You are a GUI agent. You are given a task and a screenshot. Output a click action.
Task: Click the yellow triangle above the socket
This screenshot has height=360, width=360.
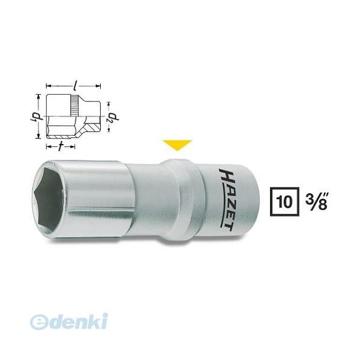pos(177,145)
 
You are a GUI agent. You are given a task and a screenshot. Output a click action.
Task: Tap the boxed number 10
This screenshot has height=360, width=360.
pos(284,202)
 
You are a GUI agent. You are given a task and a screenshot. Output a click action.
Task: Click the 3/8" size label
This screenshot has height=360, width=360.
pos(316,202)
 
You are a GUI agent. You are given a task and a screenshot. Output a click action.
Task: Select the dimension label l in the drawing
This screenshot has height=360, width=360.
pos(74,86)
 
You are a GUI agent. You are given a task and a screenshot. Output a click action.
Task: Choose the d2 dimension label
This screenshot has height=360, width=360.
pos(114,117)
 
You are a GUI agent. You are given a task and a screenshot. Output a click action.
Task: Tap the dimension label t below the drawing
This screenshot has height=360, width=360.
pos(61,146)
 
